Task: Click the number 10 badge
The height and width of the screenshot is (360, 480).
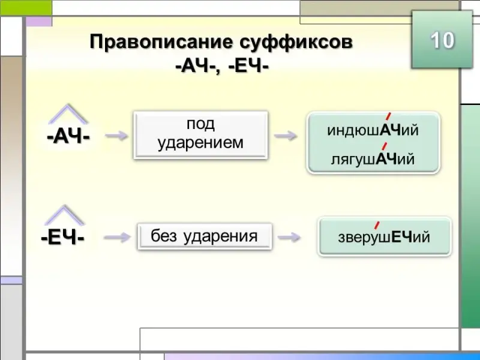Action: click(442, 40)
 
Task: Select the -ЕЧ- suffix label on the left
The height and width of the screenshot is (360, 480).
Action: click(63, 238)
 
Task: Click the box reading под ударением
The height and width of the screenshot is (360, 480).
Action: click(200, 134)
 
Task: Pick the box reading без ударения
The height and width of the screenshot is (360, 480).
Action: click(205, 236)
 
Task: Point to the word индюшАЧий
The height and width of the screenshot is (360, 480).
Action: click(373, 130)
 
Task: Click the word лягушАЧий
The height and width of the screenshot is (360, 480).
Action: click(373, 159)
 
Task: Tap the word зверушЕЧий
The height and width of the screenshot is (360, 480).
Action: click(385, 237)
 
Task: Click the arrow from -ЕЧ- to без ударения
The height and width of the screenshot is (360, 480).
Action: click(116, 238)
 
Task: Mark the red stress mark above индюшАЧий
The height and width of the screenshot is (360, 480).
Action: click(388, 116)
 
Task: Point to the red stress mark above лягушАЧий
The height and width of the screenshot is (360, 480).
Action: click(383, 145)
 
